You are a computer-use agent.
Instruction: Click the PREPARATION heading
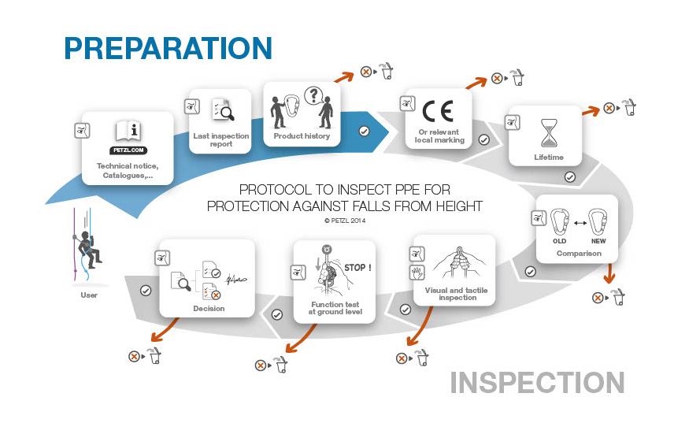coord(168,48)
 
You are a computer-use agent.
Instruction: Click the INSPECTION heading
coord(538,383)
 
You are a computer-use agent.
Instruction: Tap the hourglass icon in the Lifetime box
coord(548,134)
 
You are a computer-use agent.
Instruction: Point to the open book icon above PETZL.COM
coord(127,131)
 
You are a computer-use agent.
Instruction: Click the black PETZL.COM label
coord(127,150)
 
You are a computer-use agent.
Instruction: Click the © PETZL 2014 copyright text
coord(345,221)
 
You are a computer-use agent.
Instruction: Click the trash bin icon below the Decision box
coord(156,356)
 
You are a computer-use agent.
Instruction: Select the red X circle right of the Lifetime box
coord(609,108)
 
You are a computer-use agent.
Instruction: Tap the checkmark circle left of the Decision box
coord(146,291)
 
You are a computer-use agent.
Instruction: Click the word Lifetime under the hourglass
coord(548,158)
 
